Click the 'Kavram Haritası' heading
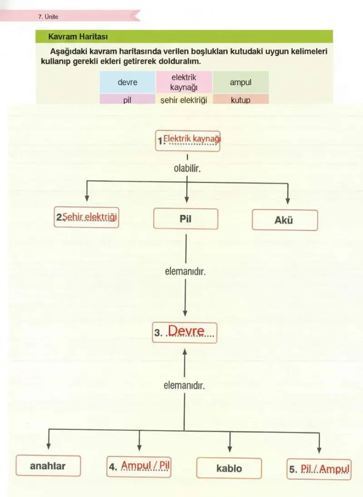tap(78, 36)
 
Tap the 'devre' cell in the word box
tap(128, 82)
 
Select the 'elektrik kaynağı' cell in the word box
tap(184, 82)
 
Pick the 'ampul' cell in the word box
tap(240, 82)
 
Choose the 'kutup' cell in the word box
tap(240, 99)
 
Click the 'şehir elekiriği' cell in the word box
tap(184, 99)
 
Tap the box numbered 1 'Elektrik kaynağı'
tap(188, 141)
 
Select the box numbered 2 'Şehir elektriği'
tap(86, 217)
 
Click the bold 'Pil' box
tap(186, 219)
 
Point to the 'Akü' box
tap(285, 220)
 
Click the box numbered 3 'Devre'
tap(185, 332)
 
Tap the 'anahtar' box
tap(48, 466)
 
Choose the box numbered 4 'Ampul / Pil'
tap(139, 467)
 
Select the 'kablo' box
tap(229, 468)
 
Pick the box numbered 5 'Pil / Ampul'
tap(319, 469)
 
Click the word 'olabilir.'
tap(187, 168)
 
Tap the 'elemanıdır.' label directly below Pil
tap(185, 272)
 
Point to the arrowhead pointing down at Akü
tap(288, 201)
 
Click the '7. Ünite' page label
tap(48, 17)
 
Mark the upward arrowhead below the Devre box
tap(185, 351)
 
